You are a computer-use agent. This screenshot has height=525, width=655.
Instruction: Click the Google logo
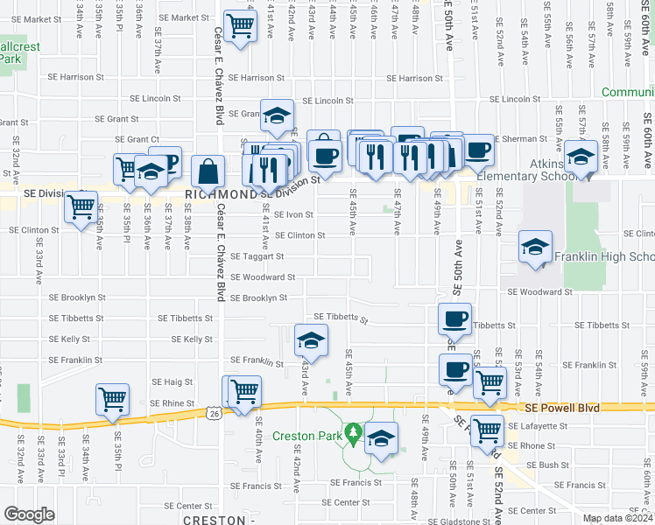pyautogui.click(x=30, y=515)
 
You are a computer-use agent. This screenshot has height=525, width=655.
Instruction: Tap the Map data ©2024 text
pyautogui.click(x=616, y=518)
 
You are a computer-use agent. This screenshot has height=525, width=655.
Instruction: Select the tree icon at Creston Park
pyautogui.click(x=353, y=432)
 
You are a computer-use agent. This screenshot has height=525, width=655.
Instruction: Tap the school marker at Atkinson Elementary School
pyautogui.click(x=581, y=157)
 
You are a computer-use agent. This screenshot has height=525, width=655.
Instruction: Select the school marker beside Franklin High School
pyautogui.click(x=535, y=247)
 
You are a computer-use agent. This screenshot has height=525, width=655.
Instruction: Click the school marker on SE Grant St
pyautogui.click(x=277, y=115)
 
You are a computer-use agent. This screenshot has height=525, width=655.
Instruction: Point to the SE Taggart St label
pyautogui.click(x=257, y=256)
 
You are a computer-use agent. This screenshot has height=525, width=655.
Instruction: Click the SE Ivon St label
pyautogui.click(x=293, y=213)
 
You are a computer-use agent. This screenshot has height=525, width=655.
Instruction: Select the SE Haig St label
pyautogui.click(x=172, y=381)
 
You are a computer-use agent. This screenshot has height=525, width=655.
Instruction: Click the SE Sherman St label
pyautogui.click(x=520, y=138)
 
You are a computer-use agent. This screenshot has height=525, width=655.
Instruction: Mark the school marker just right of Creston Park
pyautogui.click(x=382, y=439)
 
